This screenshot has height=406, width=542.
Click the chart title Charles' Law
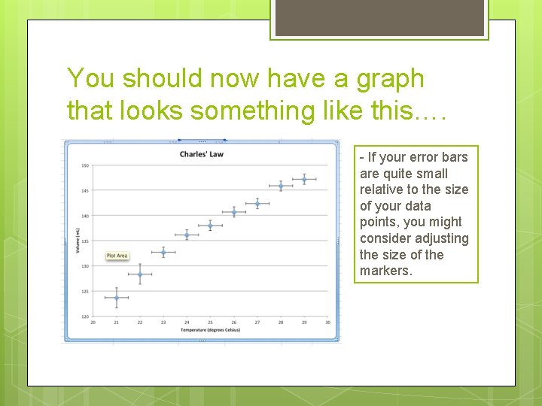coord(201,155)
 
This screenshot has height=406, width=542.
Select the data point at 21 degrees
coord(116,298)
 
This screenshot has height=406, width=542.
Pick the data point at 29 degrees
coord(304,179)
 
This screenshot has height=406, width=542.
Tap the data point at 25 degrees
coord(210,226)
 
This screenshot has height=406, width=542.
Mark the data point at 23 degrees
coord(163,252)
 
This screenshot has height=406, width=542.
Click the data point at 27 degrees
coord(257,204)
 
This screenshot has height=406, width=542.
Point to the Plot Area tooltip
coord(117,256)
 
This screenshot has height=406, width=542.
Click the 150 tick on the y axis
coord(85,165)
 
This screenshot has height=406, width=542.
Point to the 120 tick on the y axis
coord(85,317)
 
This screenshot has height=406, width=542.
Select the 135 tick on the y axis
coord(85,241)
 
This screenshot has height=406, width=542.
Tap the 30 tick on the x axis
coord(327,323)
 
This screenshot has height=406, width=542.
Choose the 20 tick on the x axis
coord(93,323)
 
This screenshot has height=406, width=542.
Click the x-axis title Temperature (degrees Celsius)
coord(209,330)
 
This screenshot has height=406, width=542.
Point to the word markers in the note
coord(385,271)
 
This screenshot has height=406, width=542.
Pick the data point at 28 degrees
coord(281,186)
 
